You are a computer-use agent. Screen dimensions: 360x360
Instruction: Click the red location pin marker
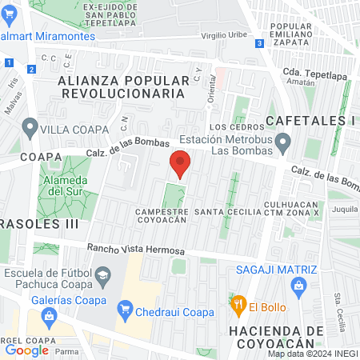pos(180,163)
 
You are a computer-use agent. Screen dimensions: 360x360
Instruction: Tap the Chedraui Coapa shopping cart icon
pos(125,309)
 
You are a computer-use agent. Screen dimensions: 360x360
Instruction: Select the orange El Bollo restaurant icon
pos(238,304)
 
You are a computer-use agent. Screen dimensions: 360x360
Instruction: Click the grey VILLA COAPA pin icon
pos(30,126)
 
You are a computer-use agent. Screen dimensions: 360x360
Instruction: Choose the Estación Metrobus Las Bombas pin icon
pos(282,144)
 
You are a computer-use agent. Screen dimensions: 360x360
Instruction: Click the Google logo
pos(26,350)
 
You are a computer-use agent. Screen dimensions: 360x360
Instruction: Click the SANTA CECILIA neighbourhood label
pos(230,211)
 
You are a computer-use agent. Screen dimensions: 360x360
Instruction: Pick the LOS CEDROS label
pos(230,127)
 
